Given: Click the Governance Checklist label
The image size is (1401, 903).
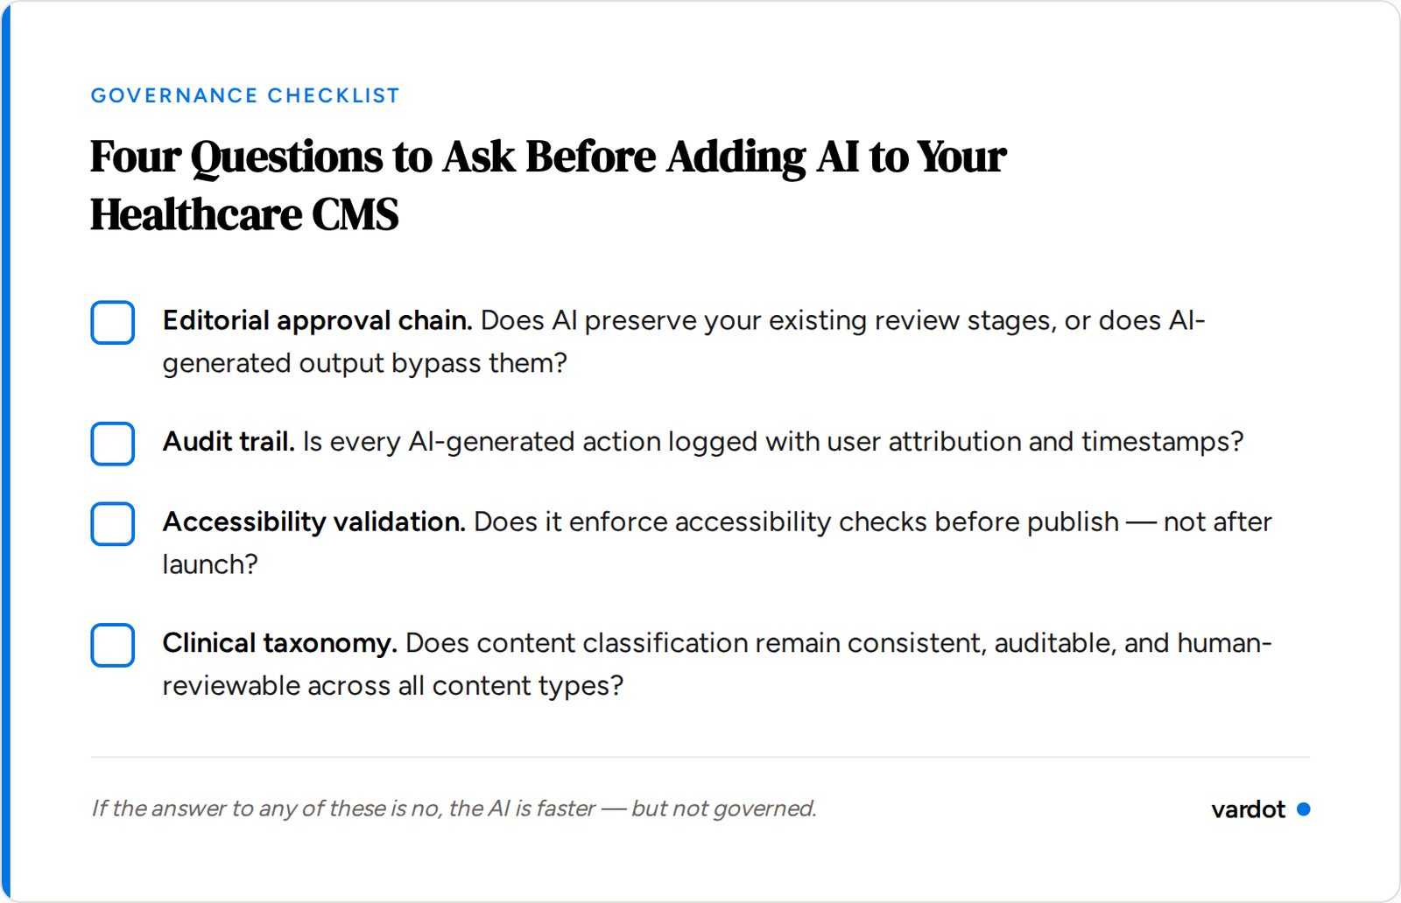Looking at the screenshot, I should point(245,95).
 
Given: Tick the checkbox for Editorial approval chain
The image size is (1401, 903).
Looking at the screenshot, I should point(113,322).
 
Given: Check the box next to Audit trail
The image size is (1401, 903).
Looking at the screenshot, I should point(113,443).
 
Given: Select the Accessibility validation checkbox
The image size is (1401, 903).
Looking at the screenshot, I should point(113,523).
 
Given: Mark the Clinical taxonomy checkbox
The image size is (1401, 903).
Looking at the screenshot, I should point(113,645).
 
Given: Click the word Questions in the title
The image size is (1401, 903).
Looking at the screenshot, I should point(286,157).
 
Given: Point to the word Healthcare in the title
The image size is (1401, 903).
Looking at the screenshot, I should point(195,215).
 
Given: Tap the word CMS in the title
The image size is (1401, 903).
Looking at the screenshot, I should point(356,215).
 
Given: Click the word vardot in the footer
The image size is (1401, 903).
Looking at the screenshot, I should point(1248,809).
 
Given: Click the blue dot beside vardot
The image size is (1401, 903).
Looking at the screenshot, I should point(1303,809).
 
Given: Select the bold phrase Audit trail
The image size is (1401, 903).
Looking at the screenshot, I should point(229,442).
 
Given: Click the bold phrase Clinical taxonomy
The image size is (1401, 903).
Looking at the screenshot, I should point(279,643).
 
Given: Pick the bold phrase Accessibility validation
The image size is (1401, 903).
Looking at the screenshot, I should point(313,522).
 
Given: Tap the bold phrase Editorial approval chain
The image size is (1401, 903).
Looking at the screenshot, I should point(317,321).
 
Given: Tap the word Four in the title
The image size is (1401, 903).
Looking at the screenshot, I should point(135,157).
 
